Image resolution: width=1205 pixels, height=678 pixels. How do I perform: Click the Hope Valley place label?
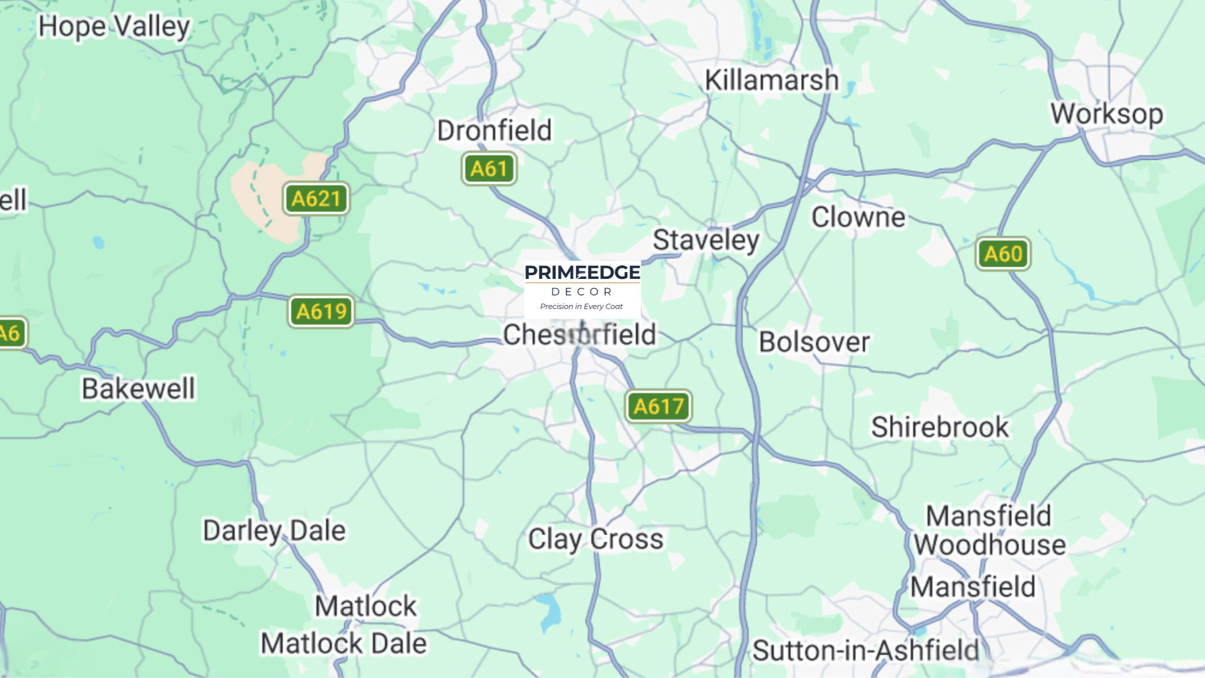(x=114, y=27)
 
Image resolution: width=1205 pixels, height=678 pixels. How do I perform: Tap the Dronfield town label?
(x=494, y=130)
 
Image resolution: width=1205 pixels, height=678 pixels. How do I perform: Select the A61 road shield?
(x=489, y=169)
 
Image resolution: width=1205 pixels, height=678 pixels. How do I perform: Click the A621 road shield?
(x=316, y=199)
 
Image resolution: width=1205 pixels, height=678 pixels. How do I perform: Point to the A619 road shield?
(x=321, y=311)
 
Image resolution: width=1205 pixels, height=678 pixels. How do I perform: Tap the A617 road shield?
(x=659, y=406)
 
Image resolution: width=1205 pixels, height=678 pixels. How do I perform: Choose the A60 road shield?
(x=1003, y=254)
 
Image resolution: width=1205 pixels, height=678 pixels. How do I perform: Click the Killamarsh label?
(x=772, y=80)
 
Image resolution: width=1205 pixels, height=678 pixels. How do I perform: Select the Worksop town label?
(x=1107, y=114)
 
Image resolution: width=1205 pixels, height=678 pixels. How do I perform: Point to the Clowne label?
(x=858, y=217)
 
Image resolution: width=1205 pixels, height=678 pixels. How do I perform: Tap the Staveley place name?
(x=706, y=240)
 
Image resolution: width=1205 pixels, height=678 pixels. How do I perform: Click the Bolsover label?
(x=814, y=342)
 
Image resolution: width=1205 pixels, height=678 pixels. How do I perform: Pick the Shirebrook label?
(x=940, y=427)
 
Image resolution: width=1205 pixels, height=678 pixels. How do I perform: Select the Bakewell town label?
(x=139, y=388)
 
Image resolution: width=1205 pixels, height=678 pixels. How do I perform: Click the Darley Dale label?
(x=274, y=531)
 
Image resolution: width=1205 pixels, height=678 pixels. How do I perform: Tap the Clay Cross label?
(x=596, y=539)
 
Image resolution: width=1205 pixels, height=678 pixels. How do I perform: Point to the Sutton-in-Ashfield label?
(x=865, y=650)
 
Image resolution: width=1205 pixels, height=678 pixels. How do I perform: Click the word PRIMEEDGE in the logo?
(x=582, y=273)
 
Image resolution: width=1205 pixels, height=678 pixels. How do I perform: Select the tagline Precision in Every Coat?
(x=581, y=307)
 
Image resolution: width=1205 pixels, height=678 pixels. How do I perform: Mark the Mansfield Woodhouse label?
(x=989, y=530)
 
